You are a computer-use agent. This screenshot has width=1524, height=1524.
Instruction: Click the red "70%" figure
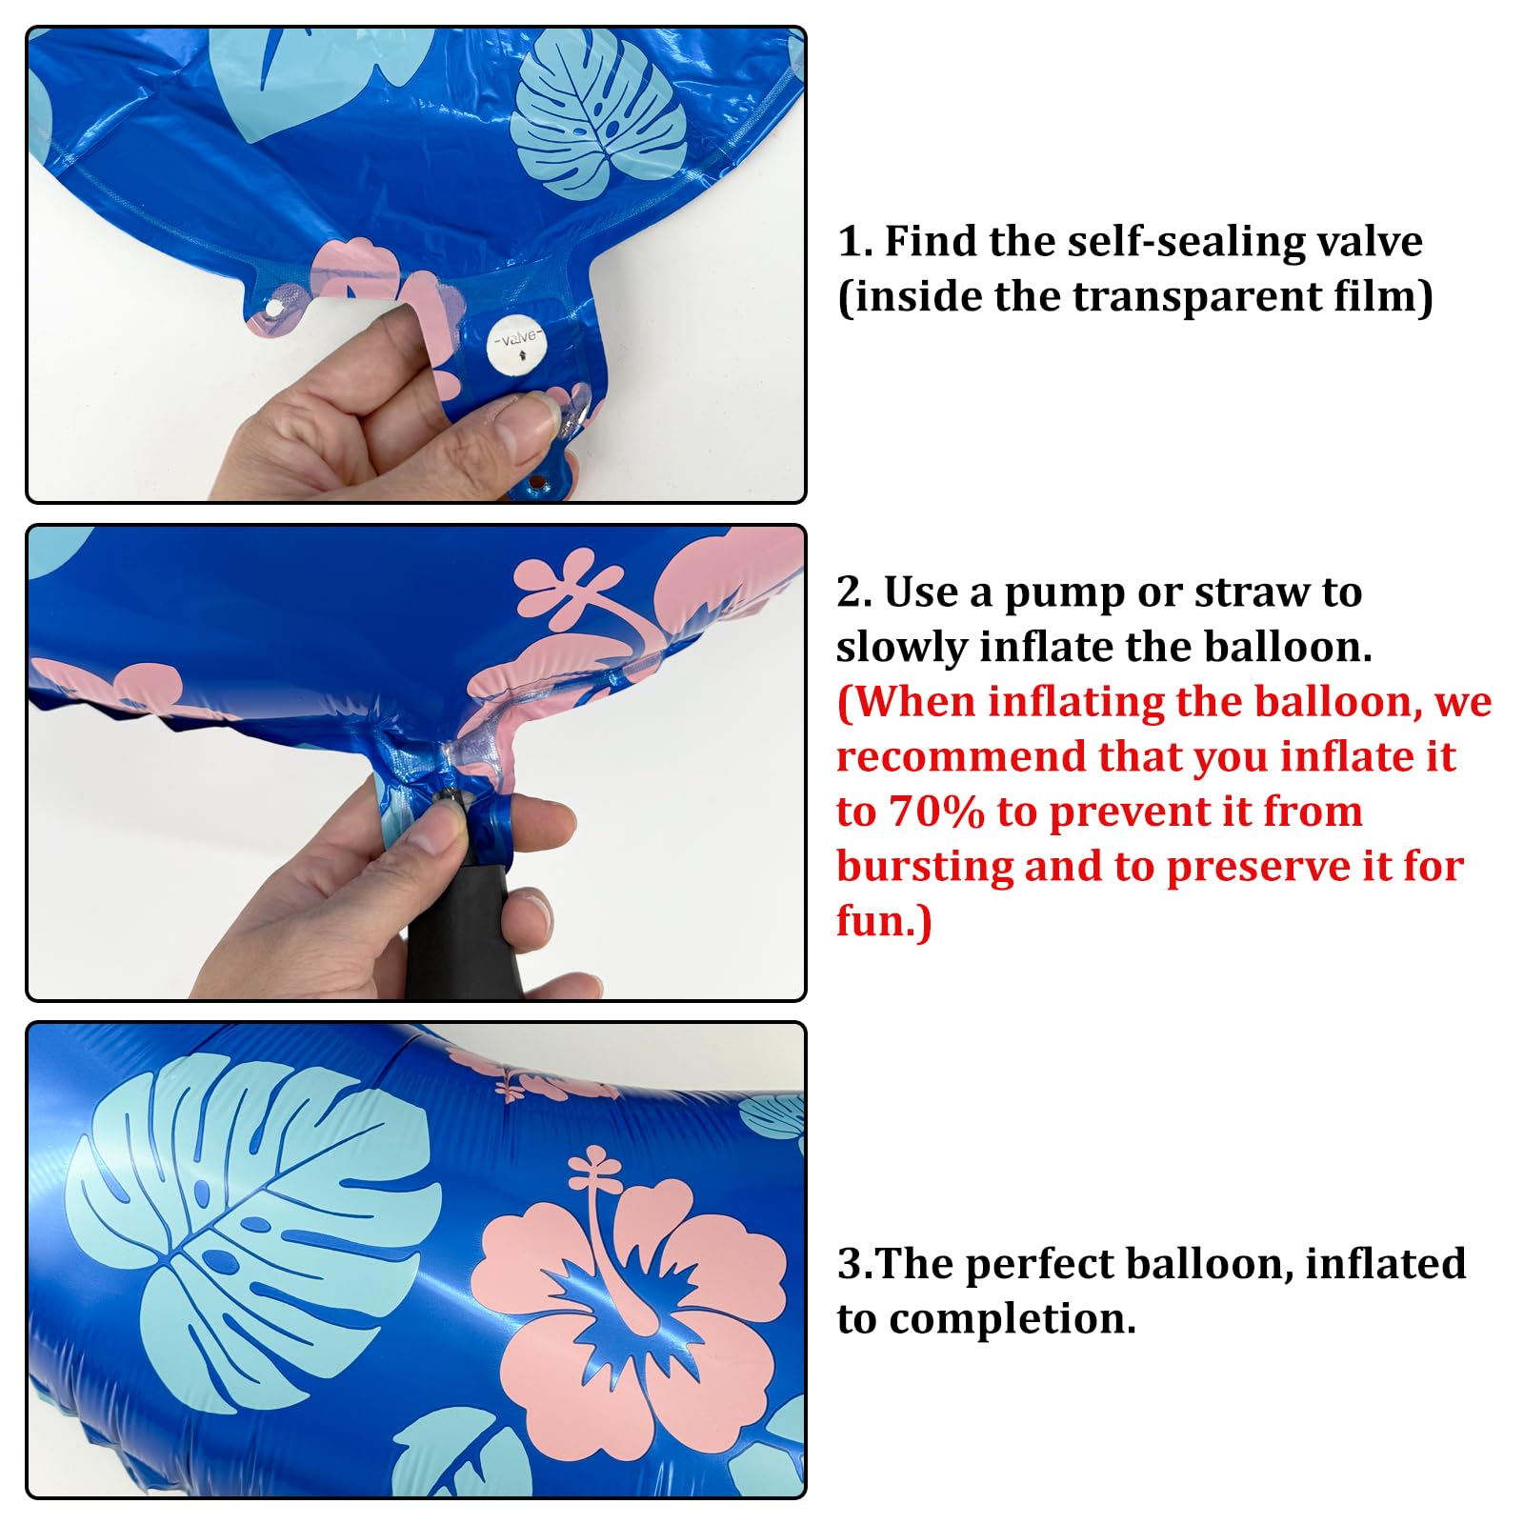(x=936, y=812)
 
